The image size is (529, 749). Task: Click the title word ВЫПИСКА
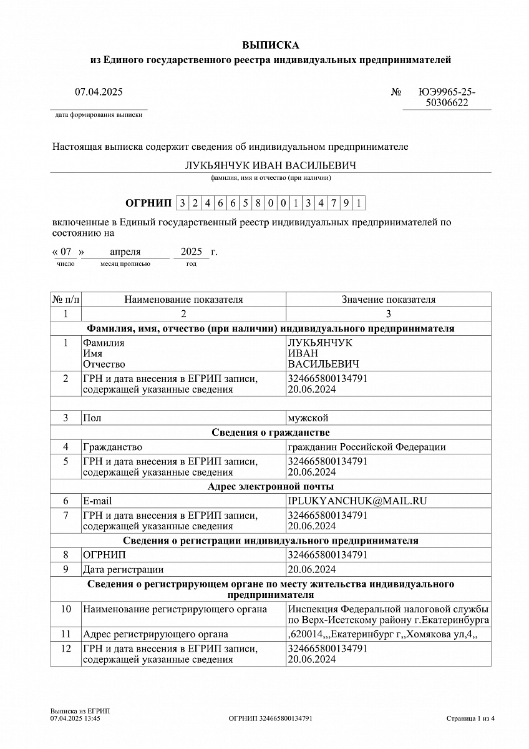(271, 45)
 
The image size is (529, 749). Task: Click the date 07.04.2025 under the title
(99, 92)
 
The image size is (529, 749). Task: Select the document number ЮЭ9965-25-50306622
(447, 97)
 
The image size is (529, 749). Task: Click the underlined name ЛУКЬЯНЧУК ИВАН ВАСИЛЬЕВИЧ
(270, 165)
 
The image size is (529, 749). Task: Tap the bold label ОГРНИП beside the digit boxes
(148, 203)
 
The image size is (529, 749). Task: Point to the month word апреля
(125, 252)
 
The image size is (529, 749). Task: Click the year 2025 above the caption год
(192, 252)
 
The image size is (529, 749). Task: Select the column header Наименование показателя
(183, 300)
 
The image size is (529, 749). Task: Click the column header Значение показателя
(388, 300)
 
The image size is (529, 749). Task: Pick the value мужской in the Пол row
(308, 418)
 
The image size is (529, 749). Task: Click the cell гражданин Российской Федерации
(366, 447)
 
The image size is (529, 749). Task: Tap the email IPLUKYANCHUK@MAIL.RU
(357, 501)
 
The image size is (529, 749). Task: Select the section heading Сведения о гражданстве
(270, 433)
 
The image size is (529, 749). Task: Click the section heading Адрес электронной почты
(270, 486)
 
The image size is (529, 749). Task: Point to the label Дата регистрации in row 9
(123, 569)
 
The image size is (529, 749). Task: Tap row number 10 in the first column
(66, 609)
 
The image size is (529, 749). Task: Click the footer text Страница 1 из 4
(470, 718)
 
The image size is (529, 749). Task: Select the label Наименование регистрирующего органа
(175, 609)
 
